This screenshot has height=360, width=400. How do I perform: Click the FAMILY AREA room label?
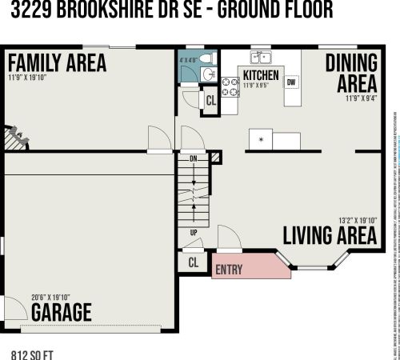[56, 62]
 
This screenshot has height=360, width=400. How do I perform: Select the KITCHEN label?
[261, 75]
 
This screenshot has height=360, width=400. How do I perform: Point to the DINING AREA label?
[351, 74]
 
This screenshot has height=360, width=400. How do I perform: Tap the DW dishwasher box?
[291, 82]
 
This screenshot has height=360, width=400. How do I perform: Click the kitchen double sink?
[261, 58]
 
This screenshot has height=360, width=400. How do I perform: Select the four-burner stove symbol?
[230, 87]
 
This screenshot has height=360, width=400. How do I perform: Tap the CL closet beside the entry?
[193, 262]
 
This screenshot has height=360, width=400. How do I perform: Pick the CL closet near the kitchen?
[210, 101]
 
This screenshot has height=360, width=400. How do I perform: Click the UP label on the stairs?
[193, 232]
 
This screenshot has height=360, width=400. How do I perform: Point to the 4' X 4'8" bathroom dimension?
[186, 58]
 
